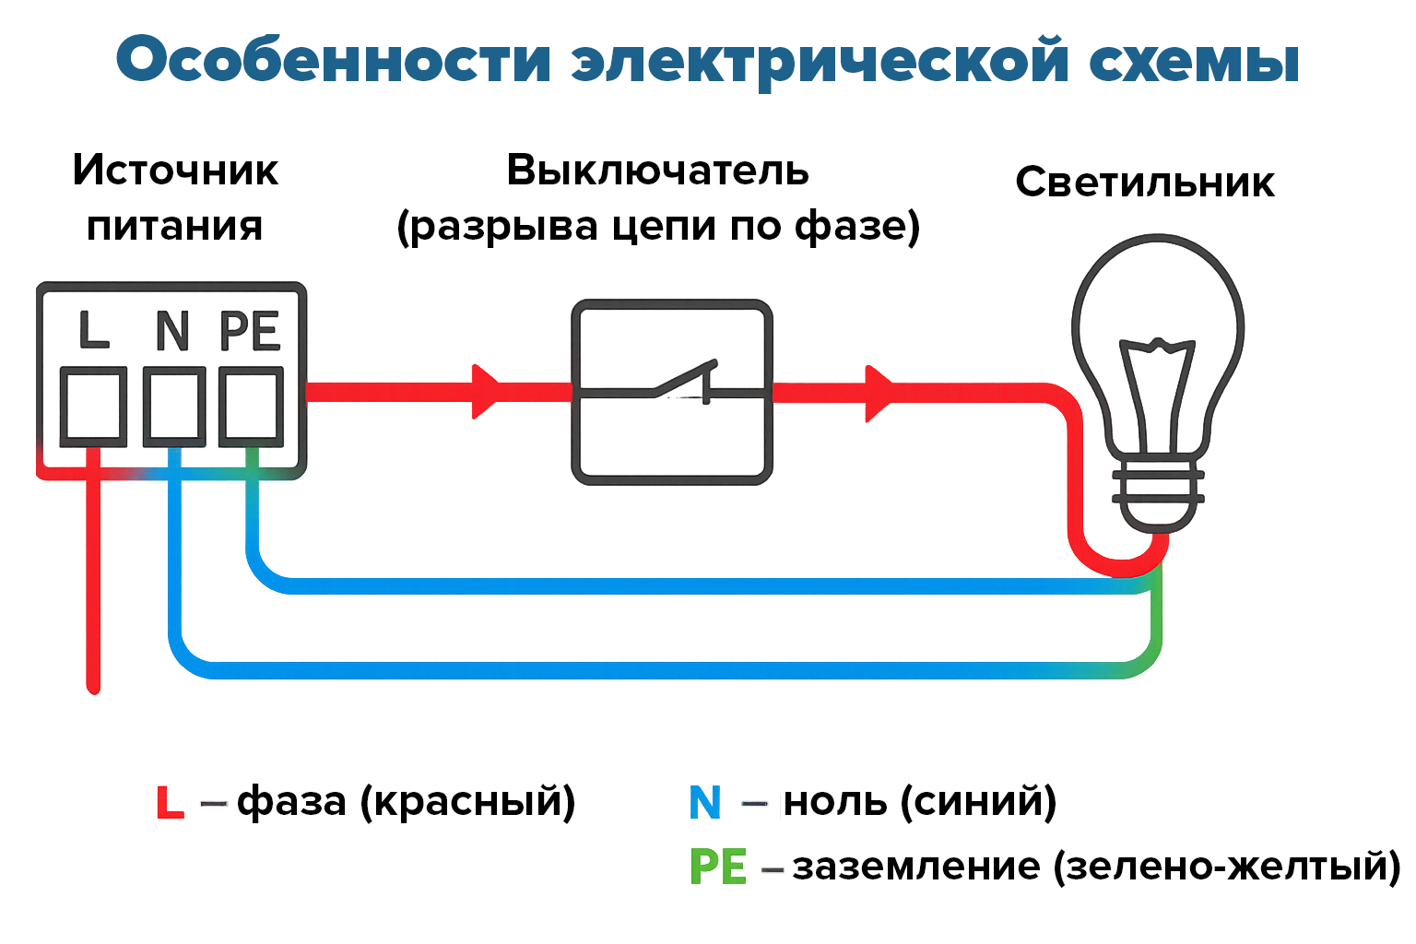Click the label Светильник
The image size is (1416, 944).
1145,183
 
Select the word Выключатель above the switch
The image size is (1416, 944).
657,171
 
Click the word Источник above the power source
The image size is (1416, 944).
175,171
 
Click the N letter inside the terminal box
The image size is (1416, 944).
172,331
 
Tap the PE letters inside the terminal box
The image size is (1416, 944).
250,331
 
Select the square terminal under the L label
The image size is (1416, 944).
93,407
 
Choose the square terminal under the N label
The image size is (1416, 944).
174,406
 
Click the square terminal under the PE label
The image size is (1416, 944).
251,406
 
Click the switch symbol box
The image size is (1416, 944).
672,392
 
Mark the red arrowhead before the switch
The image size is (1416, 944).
485,392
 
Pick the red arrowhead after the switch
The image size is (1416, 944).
879,394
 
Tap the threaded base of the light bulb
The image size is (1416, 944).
1158,498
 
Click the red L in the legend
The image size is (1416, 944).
170,803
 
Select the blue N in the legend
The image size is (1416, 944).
705,803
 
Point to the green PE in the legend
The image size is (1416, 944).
718,867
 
